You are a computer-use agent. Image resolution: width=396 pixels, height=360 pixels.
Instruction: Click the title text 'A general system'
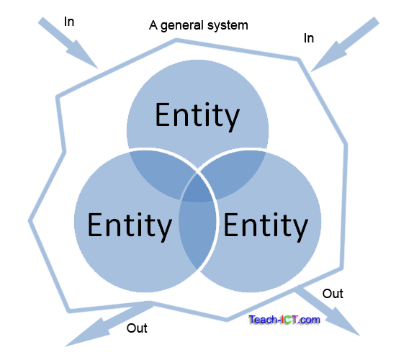(198, 26)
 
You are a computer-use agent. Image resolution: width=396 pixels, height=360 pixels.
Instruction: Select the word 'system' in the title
(229, 26)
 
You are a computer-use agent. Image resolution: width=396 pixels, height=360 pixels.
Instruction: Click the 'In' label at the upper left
(69, 22)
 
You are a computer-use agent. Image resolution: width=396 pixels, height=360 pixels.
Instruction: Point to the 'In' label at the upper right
(309, 38)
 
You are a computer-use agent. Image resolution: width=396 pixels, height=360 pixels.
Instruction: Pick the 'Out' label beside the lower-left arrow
(137, 328)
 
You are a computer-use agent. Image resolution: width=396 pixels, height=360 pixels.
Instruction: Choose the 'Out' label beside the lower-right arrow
(333, 294)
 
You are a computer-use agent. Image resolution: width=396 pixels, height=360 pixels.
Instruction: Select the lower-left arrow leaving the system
(101, 325)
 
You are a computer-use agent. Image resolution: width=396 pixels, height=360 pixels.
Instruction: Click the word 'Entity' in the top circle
(197, 116)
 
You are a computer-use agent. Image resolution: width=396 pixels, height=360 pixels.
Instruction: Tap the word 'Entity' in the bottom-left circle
(130, 225)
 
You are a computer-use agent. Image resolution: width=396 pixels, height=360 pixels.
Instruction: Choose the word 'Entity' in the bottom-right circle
(265, 225)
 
